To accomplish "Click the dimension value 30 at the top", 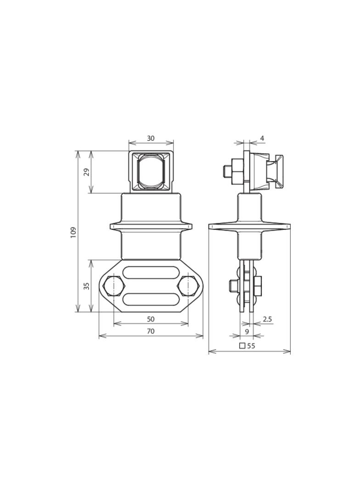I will coord(151,138).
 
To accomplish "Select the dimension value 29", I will coord(86,172).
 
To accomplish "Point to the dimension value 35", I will coord(86,286).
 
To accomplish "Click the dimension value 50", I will coord(151,319).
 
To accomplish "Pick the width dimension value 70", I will coord(151,331).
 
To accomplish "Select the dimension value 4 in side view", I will coord(262,138).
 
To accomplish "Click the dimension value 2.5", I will coord(267,319).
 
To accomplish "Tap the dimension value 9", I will coord(247,331).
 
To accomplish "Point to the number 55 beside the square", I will coord(251,346).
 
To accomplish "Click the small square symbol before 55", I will coord(242,346).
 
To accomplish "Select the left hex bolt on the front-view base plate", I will coord(113,286).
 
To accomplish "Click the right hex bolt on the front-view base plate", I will coord(188,286).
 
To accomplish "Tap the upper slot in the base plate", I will coord(151,272).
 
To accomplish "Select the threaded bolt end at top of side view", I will coord(227,172).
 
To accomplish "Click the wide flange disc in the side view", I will coord(249,226).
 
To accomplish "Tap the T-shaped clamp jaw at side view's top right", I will coord(278,172).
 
